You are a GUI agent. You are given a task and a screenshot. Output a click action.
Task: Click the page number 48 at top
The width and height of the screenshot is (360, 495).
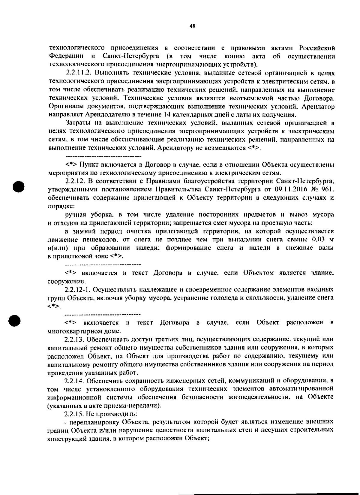tap(193, 26)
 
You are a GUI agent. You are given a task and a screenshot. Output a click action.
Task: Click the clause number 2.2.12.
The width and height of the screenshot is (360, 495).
tap(75, 181)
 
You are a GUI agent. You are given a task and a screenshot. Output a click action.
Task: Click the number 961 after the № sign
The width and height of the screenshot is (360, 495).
tap(326, 190)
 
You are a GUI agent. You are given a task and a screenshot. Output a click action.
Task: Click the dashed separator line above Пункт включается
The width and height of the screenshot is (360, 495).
tap(103, 157)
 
